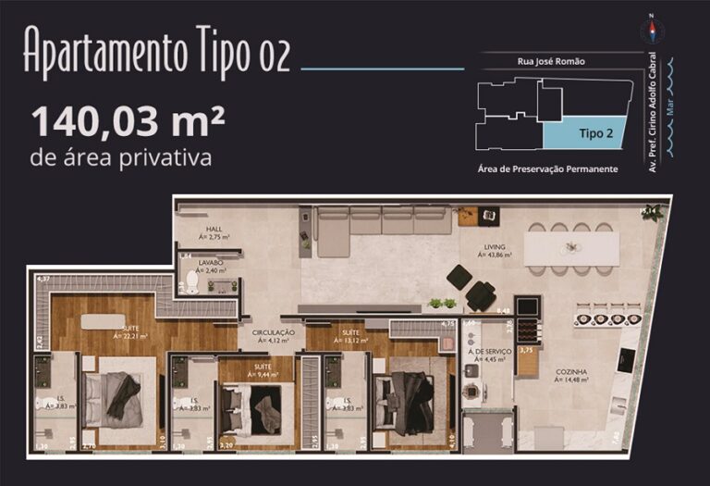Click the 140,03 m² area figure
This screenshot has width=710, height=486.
pyautogui.click(x=129, y=120)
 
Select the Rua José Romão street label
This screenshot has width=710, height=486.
pyautogui.click(x=551, y=61)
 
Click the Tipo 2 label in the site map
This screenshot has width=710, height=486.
pyautogui.click(x=595, y=133)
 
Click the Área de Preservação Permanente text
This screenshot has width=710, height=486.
pyautogui.click(x=547, y=169)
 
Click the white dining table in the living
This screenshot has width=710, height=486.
pyautogui.click(x=571, y=248)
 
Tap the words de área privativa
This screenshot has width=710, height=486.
pyautogui.click(x=121, y=158)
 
